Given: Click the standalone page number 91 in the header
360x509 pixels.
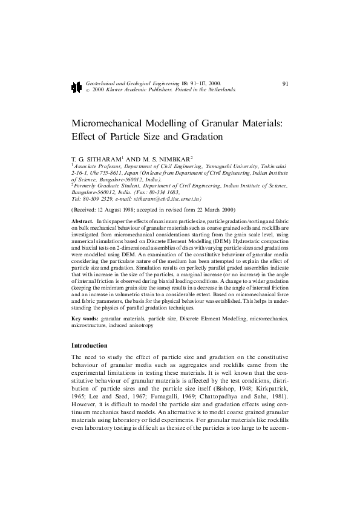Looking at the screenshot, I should pyautogui.click(x=286, y=82).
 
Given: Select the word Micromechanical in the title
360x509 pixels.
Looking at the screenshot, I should pyautogui.click(x=111, y=123).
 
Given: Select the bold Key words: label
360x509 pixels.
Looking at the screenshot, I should pyautogui.click(x=85, y=318).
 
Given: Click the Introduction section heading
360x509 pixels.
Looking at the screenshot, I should pyautogui.click(x=90, y=345).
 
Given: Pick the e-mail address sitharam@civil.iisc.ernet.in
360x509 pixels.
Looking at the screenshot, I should pyautogui.click(x=167, y=198).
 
